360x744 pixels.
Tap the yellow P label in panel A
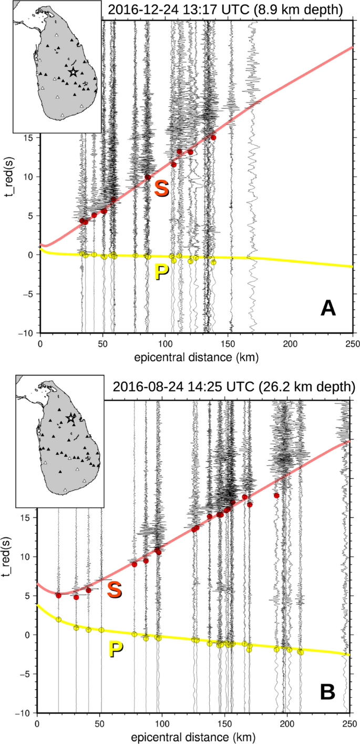click(x=163, y=273)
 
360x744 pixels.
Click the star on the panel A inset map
click(x=73, y=72)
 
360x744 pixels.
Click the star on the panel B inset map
click(x=71, y=418)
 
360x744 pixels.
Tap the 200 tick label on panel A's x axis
click(x=290, y=343)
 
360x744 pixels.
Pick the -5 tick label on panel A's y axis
click(x=28, y=294)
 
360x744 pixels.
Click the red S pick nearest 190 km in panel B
click(x=276, y=495)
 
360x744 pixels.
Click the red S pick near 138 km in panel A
click(x=213, y=137)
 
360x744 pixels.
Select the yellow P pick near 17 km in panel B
click(x=59, y=619)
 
